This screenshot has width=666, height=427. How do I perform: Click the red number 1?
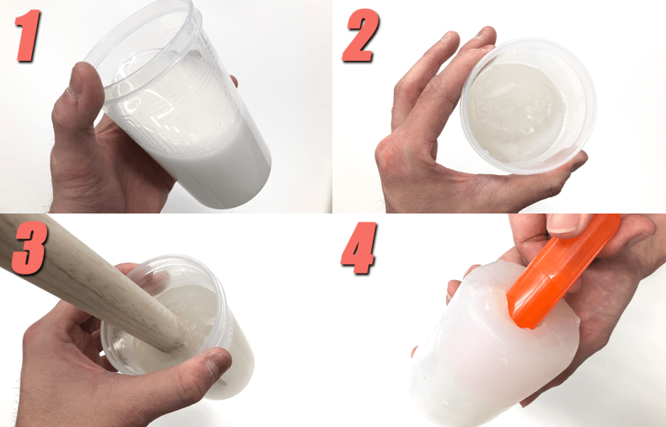pos(28,35)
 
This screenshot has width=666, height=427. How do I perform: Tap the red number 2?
pos(360,35)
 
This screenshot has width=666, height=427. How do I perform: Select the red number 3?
pos(28,249)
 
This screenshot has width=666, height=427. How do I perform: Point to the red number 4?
pos(359,249)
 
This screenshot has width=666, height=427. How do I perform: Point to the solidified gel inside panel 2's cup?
pos(515,112)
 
